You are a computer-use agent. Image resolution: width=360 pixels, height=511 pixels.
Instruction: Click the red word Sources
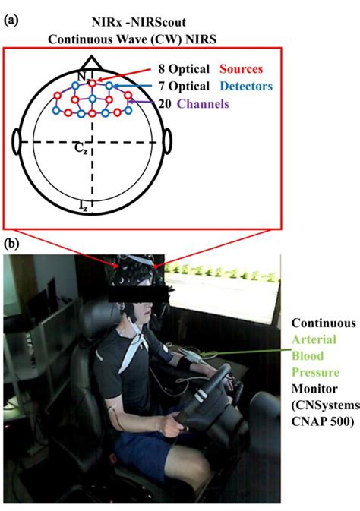241,69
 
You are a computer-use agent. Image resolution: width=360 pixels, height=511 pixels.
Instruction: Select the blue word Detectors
246,86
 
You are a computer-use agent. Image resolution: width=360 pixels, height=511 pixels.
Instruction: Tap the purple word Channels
203,103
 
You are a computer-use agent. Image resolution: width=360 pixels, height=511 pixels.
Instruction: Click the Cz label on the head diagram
81,148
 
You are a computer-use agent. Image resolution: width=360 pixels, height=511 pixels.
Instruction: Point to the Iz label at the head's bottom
84,206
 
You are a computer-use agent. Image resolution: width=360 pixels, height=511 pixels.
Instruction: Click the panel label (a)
11,21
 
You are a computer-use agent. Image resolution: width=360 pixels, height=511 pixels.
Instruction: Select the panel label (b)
11,244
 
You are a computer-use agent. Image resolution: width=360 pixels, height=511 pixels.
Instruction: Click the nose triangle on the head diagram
92,63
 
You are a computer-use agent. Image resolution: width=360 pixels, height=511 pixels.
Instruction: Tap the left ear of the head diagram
16,142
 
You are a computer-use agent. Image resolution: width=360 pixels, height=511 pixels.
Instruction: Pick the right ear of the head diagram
167,141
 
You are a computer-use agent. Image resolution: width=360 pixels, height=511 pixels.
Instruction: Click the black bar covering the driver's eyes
138,294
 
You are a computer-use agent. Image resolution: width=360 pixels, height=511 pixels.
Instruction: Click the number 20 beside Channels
165,103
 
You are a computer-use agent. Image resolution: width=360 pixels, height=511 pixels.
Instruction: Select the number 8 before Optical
162,69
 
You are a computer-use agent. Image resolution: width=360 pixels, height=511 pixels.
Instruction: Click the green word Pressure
315,372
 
